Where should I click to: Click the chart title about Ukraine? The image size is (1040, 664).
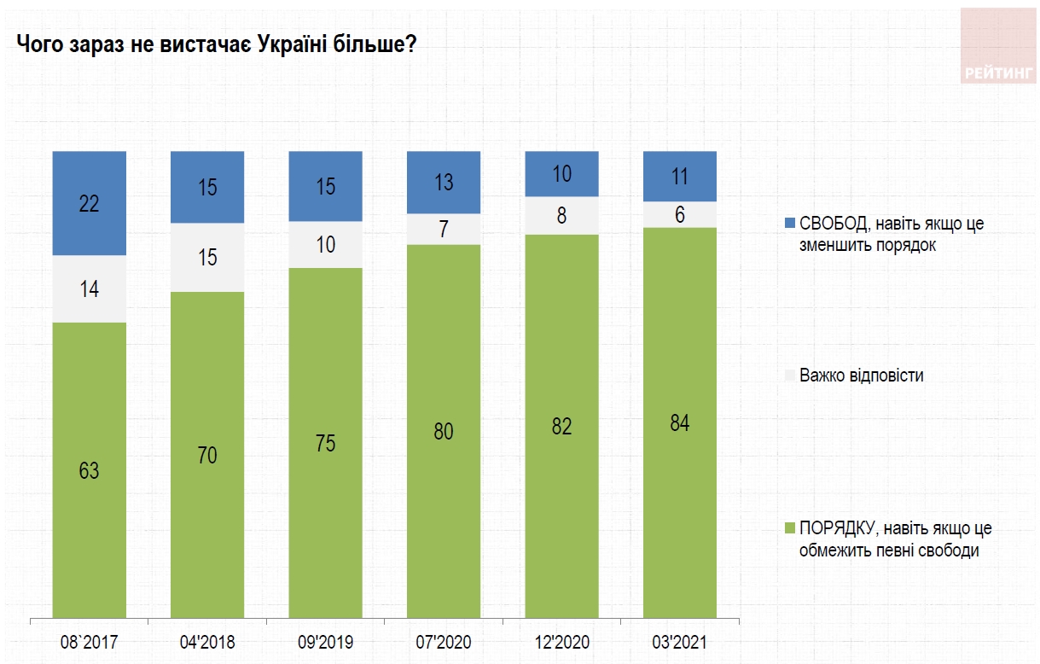(217, 44)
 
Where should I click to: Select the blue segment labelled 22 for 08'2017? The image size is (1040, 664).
(90, 203)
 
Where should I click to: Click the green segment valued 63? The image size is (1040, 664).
(90, 469)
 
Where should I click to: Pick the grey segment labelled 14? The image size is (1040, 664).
(90, 289)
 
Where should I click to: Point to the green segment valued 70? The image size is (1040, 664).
(207, 454)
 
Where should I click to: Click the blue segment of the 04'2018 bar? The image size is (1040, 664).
(207, 187)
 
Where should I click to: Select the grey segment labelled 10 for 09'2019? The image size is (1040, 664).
(325, 245)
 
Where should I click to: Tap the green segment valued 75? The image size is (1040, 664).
(325, 442)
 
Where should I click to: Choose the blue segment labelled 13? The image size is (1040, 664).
(443, 182)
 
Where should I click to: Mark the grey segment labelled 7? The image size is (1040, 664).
(443, 229)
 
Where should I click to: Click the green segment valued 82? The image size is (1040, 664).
(561, 425)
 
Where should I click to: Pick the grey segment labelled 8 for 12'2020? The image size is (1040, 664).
(561, 215)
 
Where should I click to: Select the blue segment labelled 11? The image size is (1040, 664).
(679, 177)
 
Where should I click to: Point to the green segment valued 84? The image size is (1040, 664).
(679, 422)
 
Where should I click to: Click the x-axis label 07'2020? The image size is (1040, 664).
(443, 642)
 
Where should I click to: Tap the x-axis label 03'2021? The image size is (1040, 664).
(679, 642)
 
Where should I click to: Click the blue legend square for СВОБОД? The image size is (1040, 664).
(789, 224)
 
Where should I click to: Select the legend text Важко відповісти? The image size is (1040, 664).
(861, 376)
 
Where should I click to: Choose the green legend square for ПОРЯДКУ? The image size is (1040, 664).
(789, 529)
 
